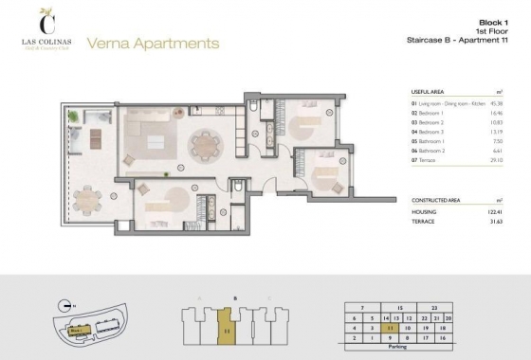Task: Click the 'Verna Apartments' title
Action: point(153,44)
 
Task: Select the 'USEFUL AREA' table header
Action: point(430,92)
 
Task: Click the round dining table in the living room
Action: point(204,145)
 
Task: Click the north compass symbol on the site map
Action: point(63,305)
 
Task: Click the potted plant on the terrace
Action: point(72,117)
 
